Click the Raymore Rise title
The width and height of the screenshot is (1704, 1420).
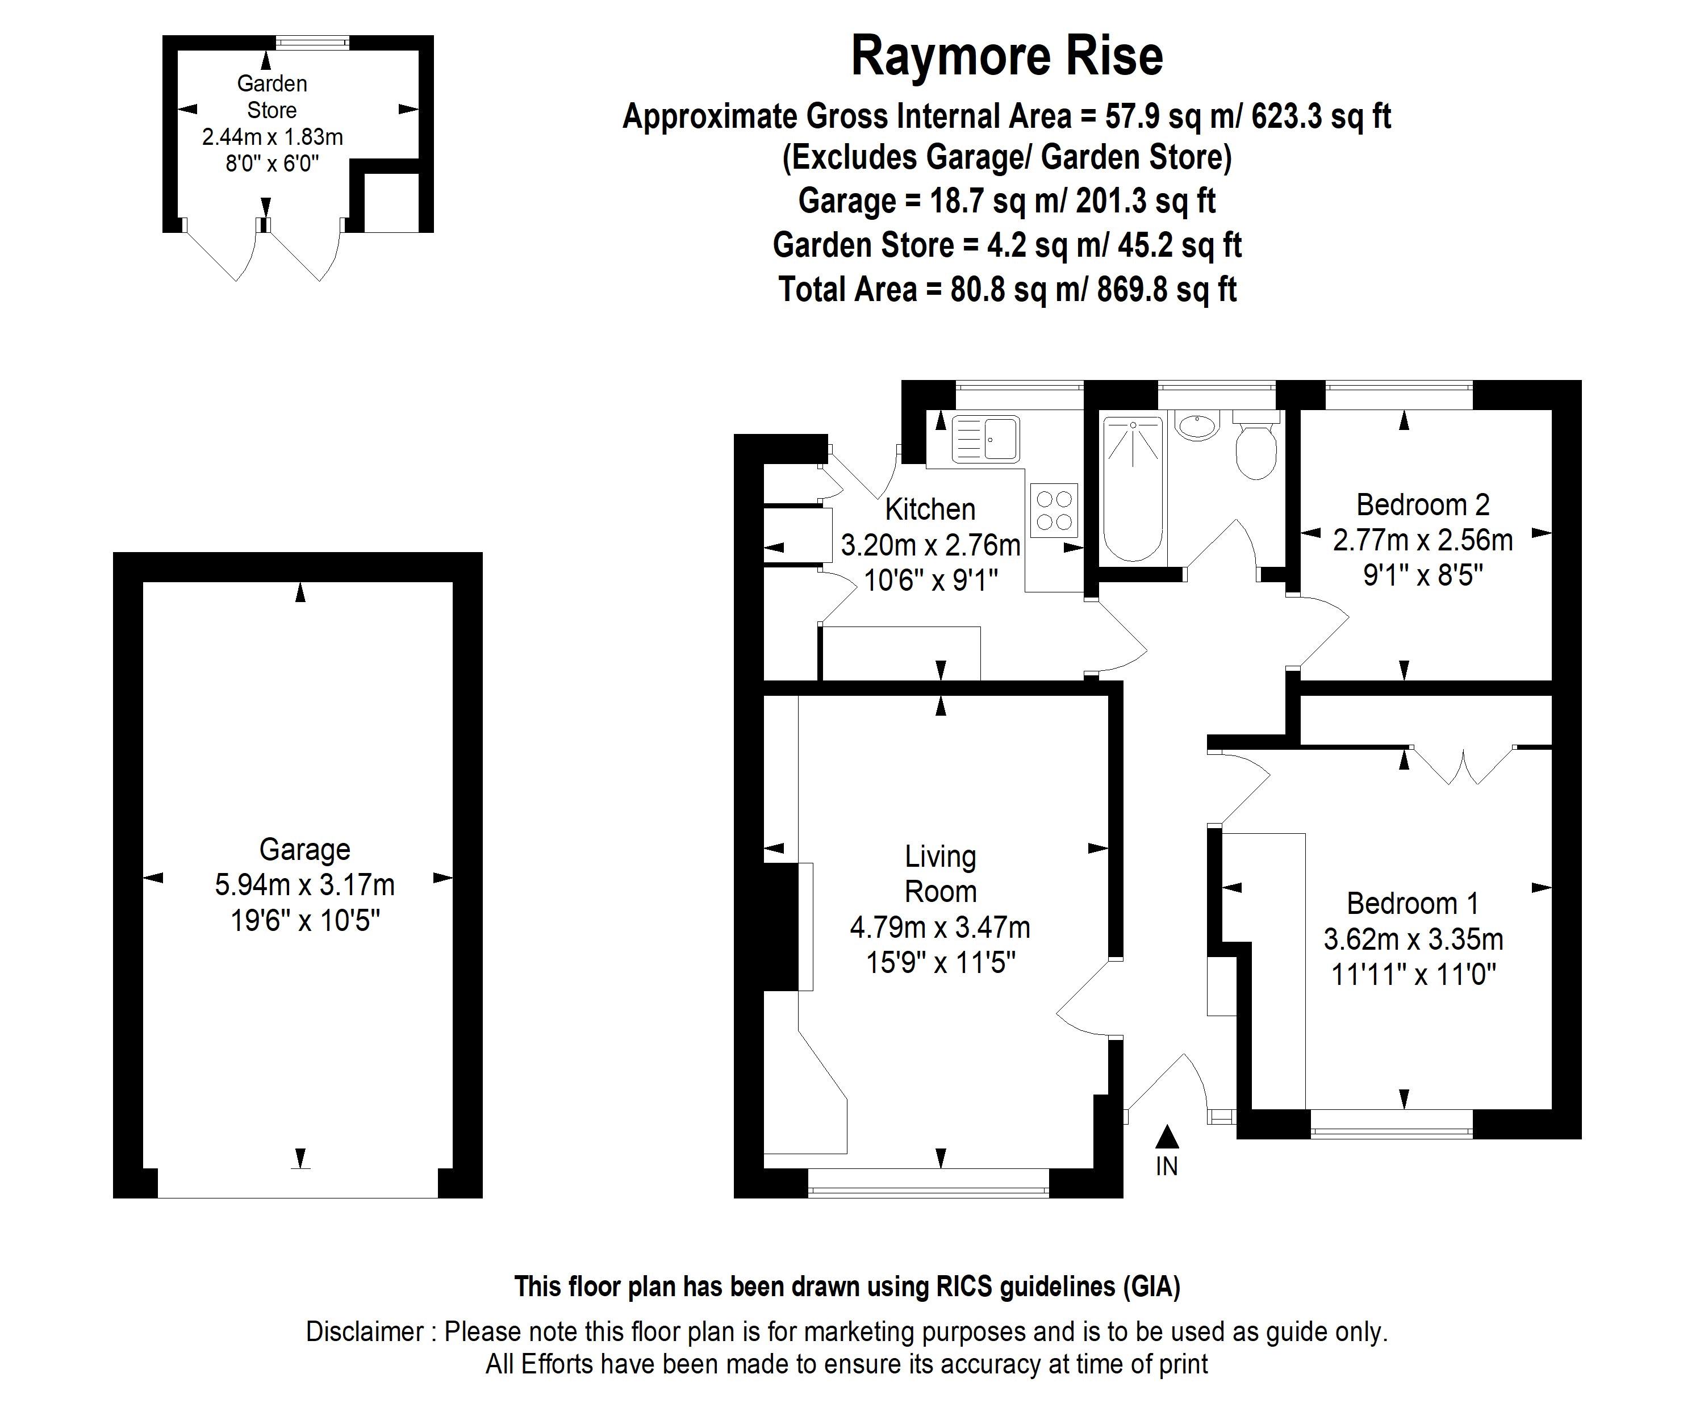tap(1006, 57)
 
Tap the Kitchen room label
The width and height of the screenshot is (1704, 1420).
tap(930, 509)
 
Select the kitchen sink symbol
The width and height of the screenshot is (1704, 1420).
tap(985, 439)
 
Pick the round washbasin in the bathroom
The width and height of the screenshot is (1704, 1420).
tap(1197, 425)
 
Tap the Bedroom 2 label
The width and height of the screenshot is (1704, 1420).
tap(1422, 505)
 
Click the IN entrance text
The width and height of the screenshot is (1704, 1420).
tap(1166, 1166)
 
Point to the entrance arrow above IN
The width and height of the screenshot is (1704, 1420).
tap(1166, 1137)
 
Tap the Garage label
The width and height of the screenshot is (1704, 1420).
tap(304, 849)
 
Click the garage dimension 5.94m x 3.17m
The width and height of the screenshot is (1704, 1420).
tap(304, 884)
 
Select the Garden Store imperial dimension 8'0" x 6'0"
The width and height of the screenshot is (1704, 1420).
tap(272, 164)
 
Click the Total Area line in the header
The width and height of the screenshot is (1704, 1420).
tap(1007, 290)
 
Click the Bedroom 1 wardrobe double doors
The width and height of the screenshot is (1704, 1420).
tap(1463, 766)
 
